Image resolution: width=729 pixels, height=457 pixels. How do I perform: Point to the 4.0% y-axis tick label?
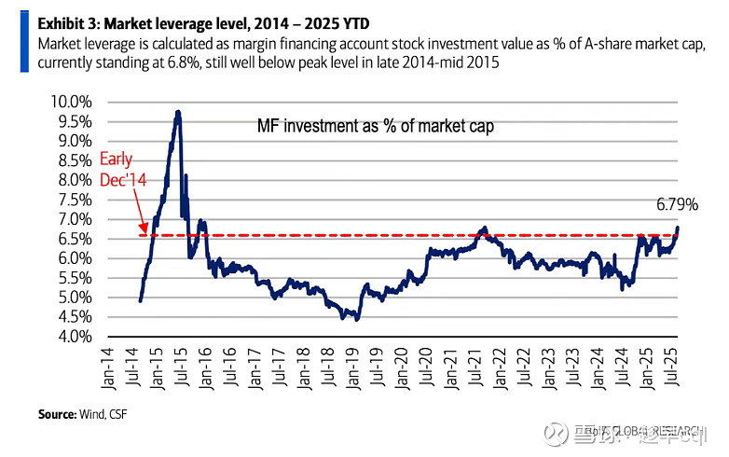click(72, 337)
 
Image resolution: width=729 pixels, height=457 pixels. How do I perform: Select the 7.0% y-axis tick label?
click(72, 219)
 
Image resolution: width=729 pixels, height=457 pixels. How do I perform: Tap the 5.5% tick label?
click(72, 278)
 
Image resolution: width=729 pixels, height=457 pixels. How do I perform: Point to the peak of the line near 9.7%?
click(177, 112)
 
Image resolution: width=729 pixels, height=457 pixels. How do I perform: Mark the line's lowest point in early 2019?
click(356, 319)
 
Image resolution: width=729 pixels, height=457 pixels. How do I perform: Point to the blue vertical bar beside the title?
click(23, 40)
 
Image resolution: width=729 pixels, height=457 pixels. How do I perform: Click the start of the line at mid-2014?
click(140, 300)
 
